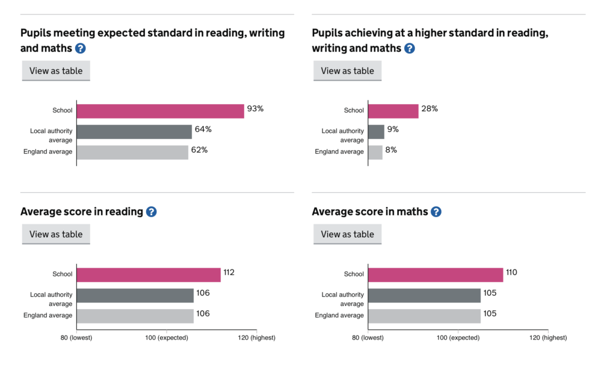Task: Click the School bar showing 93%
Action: (x=160, y=111)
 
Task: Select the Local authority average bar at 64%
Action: (x=134, y=132)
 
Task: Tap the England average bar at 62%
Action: (x=132, y=152)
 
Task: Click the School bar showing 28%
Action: (x=393, y=111)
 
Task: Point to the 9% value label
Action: (x=393, y=129)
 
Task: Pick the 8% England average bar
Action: (x=375, y=152)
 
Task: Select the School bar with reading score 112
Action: (x=149, y=275)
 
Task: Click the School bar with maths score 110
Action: (x=435, y=275)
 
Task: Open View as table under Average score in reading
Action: (x=56, y=235)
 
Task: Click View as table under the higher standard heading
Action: (x=347, y=70)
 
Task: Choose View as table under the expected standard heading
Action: (x=56, y=70)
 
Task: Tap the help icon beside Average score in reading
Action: (x=151, y=212)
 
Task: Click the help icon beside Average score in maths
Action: (x=436, y=212)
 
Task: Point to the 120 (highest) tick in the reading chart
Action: (x=256, y=337)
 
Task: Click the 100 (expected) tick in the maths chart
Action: (x=458, y=337)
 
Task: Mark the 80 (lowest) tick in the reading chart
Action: (x=76, y=337)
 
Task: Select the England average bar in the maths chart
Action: (x=424, y=316)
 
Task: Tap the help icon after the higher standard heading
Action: (x=409, y=48)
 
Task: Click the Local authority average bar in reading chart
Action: (x=135, y=295)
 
